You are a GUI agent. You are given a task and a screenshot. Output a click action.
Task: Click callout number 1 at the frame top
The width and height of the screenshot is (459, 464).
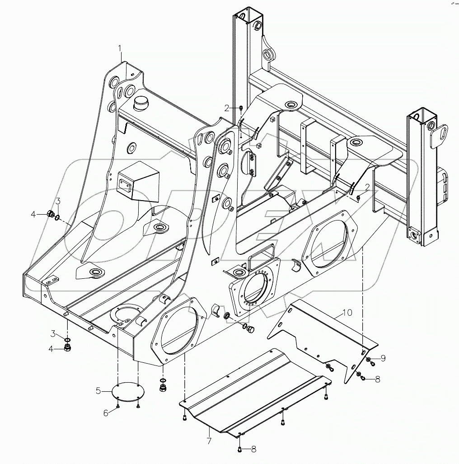[120, 47]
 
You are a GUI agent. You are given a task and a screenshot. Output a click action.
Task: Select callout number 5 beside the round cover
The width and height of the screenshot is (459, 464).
[98, 391]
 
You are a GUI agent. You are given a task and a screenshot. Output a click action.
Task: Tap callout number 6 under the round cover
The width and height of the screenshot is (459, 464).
[106, 412]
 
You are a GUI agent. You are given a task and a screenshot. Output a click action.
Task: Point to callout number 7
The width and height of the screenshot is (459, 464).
[209, 440]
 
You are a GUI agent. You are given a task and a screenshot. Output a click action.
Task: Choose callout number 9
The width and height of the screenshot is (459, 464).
[383, 358]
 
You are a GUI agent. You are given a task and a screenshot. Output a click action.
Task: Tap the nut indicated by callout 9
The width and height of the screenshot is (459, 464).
[369, 360]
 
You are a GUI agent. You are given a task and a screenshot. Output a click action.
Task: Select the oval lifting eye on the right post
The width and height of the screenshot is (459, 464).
[439, 136]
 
